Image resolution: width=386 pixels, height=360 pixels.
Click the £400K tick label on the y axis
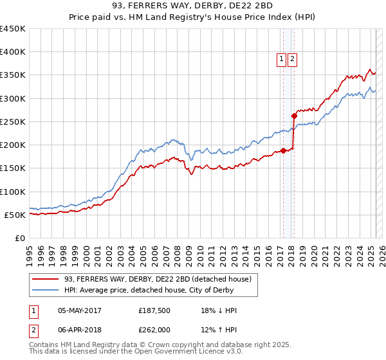tap(13, 52)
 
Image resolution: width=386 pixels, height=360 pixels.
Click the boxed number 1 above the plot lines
tap(282, 59)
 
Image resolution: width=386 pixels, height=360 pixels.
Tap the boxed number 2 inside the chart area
tap(292, 59)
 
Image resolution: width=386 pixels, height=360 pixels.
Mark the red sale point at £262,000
tap(294, 116)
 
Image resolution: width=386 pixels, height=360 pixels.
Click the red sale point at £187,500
tap(283, 151)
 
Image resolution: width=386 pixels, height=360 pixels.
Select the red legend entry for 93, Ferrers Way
tap(161, 278)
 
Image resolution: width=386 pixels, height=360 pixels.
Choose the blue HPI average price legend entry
tap(161, 290)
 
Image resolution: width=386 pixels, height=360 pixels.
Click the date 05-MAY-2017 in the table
tap(79, 310)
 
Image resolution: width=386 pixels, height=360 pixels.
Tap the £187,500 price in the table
tap(154, 310)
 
